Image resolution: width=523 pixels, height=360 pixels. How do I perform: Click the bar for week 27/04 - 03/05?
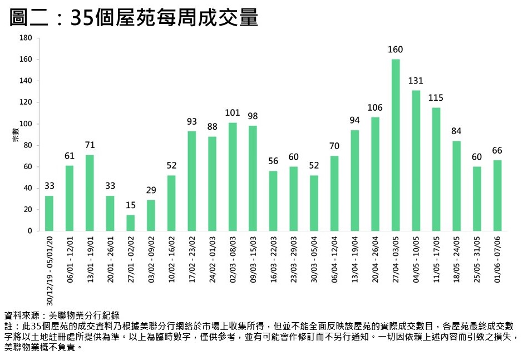pos(396,145)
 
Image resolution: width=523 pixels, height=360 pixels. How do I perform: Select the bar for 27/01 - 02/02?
pos(131,223)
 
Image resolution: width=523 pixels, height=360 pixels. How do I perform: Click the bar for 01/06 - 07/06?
pos(497,195)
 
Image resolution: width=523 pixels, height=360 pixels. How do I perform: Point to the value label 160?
pos(396,50)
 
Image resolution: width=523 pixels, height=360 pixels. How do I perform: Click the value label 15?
pos(131,205)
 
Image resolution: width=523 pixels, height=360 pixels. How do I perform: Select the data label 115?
pos(436,98)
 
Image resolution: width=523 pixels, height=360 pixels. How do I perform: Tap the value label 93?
pos(192,121)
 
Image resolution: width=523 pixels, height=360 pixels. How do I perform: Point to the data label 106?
pos(375,107)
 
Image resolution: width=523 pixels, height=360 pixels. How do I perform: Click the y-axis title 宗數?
pos(16,134)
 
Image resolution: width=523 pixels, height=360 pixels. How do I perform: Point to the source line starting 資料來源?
pos(61,315)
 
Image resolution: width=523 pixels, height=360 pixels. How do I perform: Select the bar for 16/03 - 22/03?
pos(273,201)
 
